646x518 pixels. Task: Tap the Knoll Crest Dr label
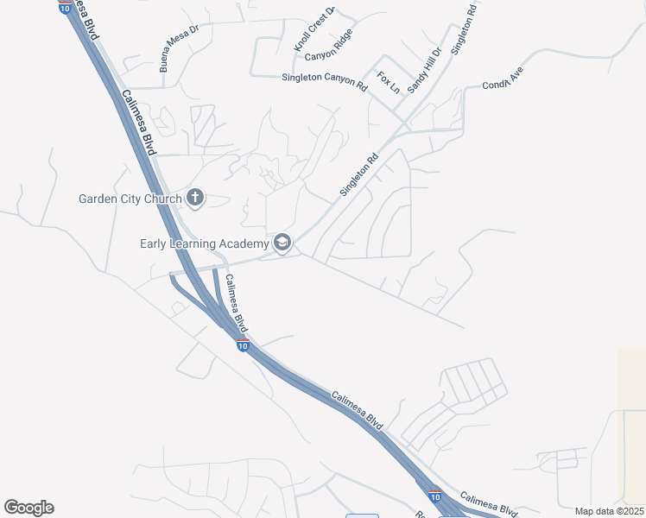(314, 30)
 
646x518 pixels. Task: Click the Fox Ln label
(388, 83)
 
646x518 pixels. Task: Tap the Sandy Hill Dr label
(424, 70)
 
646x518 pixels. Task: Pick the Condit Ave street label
(503, 79)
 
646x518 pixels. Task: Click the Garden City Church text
(130, 199)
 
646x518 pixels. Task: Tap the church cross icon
(195, 199)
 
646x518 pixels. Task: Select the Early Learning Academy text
(204, 243)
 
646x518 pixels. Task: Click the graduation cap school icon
(282, 243)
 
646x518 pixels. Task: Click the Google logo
(28, 508)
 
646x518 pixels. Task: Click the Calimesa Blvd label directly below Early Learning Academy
(237, 304)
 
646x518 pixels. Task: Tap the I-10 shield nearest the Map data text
(435, 496)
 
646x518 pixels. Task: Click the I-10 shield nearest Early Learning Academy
(243, 345)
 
